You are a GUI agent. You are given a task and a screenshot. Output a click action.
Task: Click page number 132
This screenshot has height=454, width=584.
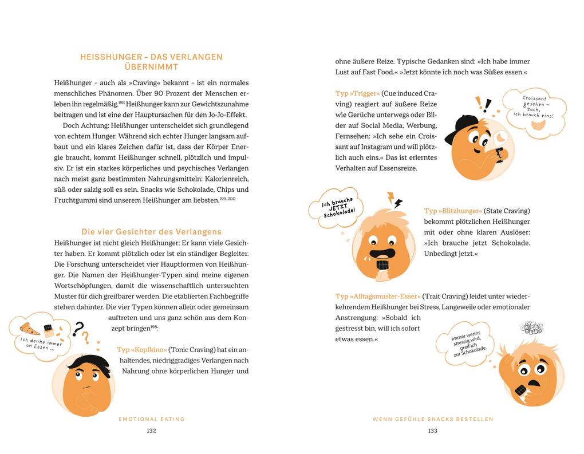151,431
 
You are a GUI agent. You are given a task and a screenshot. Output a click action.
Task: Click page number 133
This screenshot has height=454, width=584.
432,431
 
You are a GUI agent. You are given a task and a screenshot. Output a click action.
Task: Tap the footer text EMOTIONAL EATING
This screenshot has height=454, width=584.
152,419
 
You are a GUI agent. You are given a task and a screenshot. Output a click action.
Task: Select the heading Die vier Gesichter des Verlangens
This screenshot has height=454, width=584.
151,232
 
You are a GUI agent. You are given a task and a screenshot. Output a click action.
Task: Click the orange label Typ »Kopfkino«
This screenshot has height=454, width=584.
141,350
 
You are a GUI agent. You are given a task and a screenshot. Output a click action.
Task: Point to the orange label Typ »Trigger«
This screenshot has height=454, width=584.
357,93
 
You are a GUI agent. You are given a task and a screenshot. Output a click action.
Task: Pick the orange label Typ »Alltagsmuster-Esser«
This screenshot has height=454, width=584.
378,296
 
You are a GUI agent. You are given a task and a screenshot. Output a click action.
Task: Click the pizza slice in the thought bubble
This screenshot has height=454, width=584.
29,329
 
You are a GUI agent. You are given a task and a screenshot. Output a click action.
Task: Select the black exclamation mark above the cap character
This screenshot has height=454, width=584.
487,105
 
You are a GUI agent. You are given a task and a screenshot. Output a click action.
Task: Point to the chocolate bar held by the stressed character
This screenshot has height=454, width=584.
520,390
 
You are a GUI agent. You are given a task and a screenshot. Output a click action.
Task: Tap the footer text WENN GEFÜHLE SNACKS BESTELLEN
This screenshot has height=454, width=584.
432,419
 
